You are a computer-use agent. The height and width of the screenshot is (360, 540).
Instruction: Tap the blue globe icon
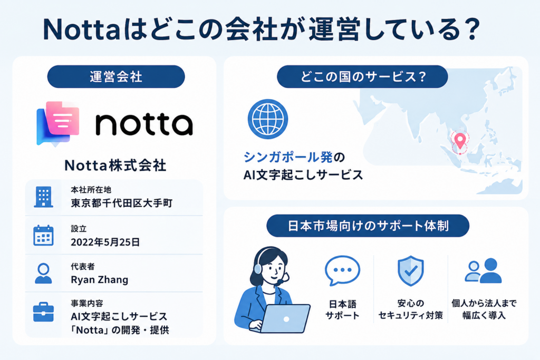pyautogui.click(x=268, y=119)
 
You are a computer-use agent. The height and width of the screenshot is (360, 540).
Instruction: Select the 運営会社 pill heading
pyautogui.click(x=116, y=77)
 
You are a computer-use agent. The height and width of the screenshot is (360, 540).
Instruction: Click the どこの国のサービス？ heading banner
pyautogui.click(x=362, y=77)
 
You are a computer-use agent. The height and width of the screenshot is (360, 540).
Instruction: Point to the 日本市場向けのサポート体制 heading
pyautogui.click(x=368, y=226)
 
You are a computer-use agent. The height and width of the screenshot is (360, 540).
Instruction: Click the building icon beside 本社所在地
pyautogui.click(x=43, y=197)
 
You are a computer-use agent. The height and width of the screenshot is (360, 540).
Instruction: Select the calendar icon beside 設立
pyautogui.click(x=43, y=236)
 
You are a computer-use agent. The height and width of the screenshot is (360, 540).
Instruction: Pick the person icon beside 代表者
pyautogui.click(x=43, y=274)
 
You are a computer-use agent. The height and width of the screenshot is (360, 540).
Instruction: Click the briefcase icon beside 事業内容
pyautogui.click(x=43, y=312)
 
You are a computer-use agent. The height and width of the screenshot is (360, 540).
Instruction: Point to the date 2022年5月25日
pyautogui.click(x=105, y=242)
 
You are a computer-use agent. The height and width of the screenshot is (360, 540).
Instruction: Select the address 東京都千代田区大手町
pyautogui.click(x=121, y=203)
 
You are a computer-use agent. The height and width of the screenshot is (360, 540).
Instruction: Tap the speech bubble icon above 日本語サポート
pyautogui.click(x=342, y=271)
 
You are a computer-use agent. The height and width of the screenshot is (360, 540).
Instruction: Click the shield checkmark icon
pyautogui.click(x=410, y=271)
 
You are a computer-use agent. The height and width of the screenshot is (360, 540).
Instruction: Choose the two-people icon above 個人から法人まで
pyautogui.click(x=484, y=270)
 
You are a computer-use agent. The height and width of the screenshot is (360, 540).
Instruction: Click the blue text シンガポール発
pyautogui.click(x=288, y=157)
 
